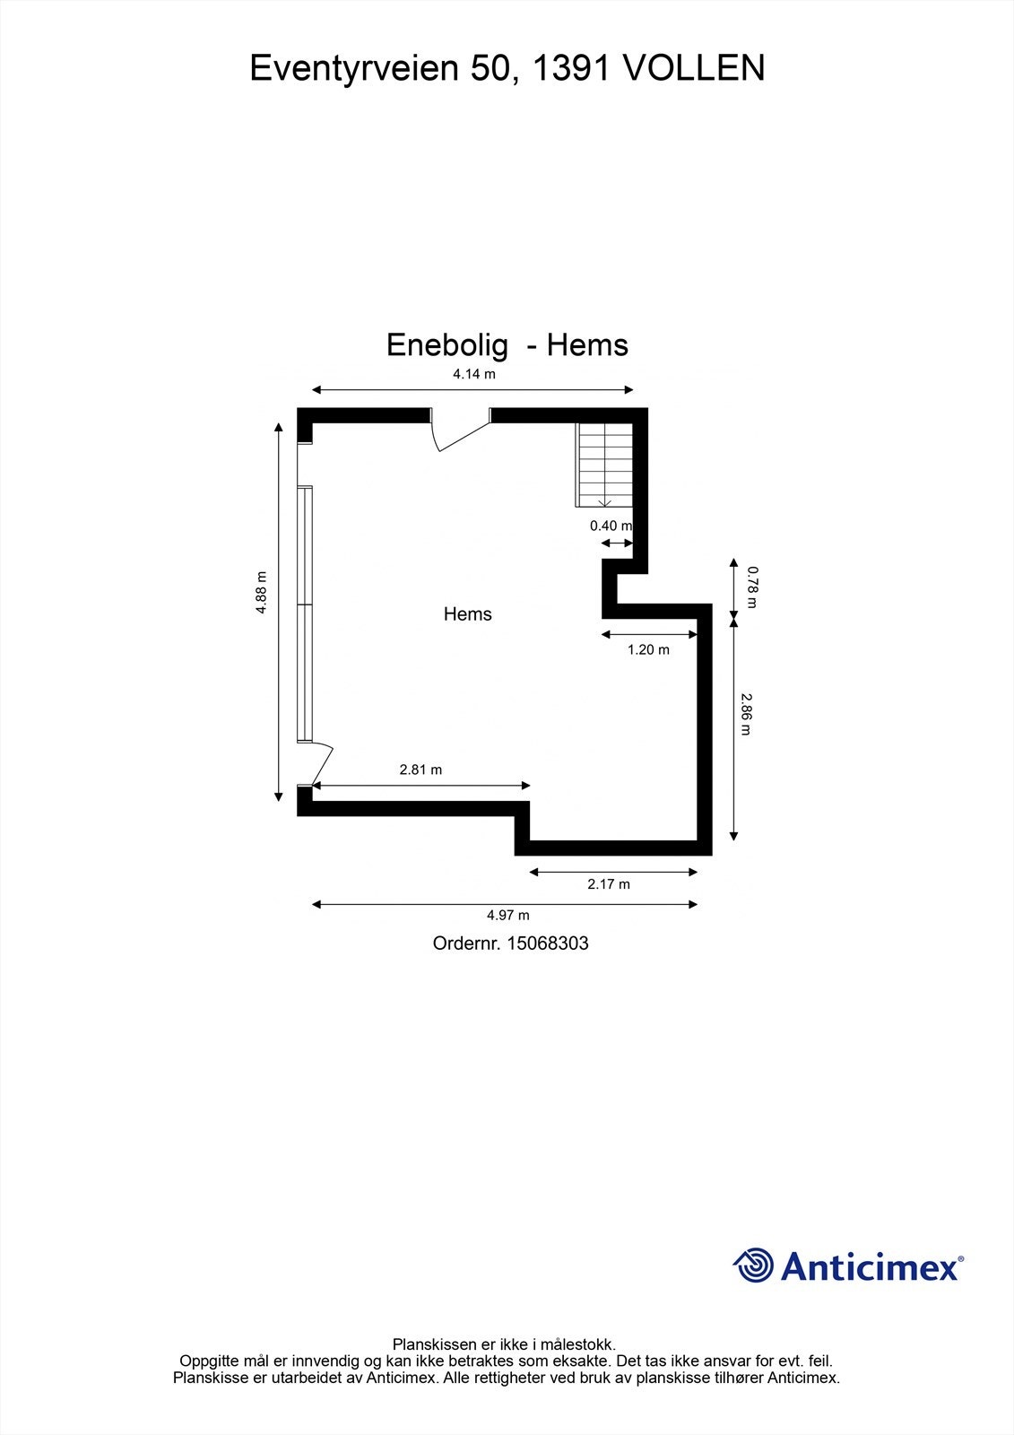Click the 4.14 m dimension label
pyautogui.click(x=473, y=374)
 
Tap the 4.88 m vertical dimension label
pyautogui.click(x=261, y=593)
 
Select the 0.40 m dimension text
pyautogui.click(x=611, y=526)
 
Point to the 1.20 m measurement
pyautogui.click(x=648, y=649)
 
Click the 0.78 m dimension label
pyautogui.click(x=752, y=586)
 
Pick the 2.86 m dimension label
pyautogui.click(x=744, y=713)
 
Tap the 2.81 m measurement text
pyautogui.click(x=420, y=770)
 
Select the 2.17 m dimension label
pyautogui.click(x=609, y=884)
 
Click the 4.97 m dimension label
pyautogui.click(x=508, y=916)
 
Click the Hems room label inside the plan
pyautogui.click(x=468, y=614)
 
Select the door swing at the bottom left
pyautogui.click(x=321, y=765)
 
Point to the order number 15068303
pyautogui.click(x=548, y=944)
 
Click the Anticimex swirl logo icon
pyautogui.click(x=753, y=1265)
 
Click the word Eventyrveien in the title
pyautogui.click(x=353, y=68)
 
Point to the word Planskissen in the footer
pyautogui.click(x=429, y=1344)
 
